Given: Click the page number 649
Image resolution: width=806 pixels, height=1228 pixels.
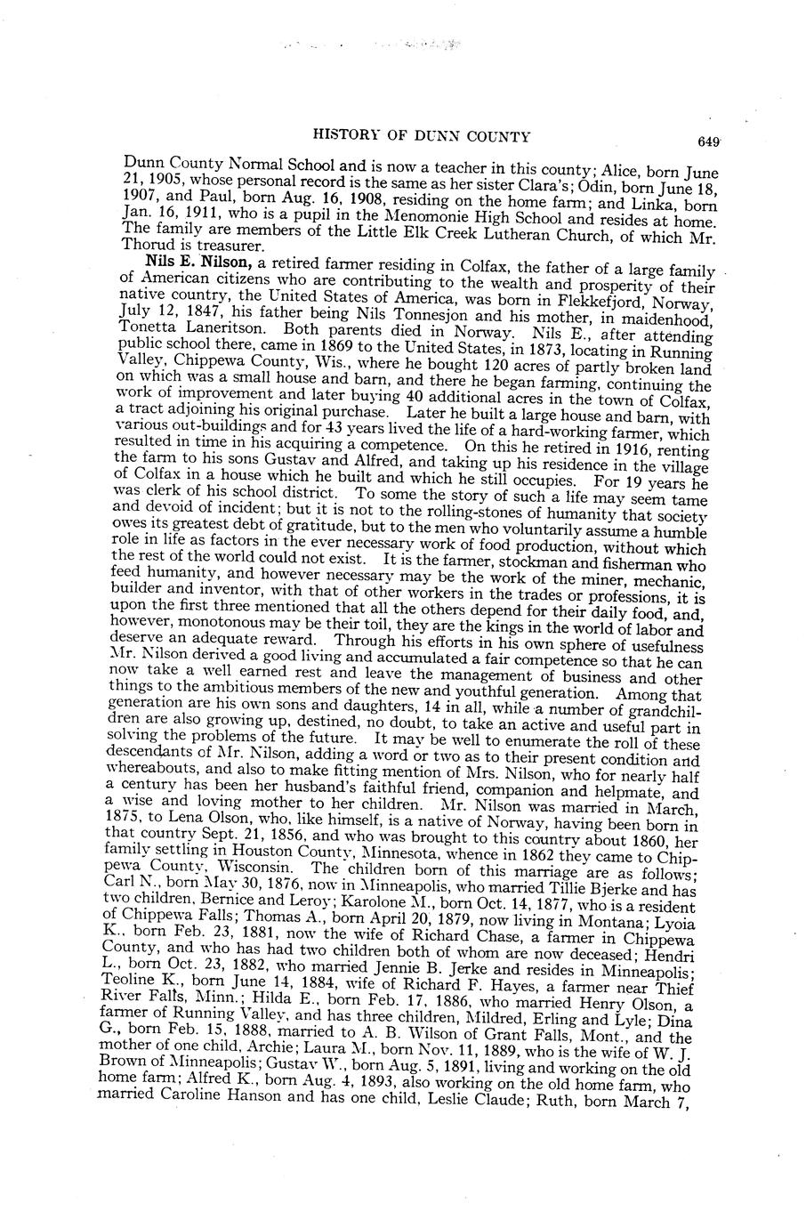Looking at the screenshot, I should pyautogui.click(x=708, y=141).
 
